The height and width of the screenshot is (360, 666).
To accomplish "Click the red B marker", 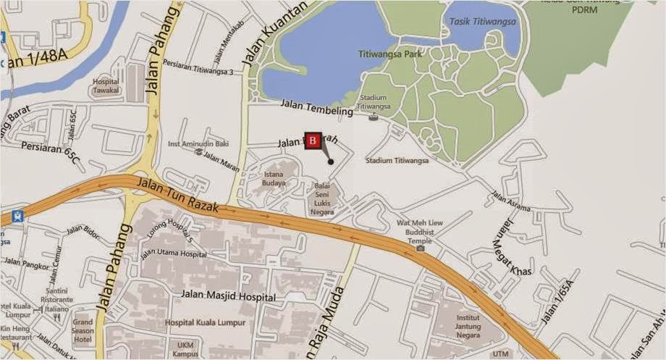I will pos(312,141).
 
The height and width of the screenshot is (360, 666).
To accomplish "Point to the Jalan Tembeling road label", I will pos(316,108).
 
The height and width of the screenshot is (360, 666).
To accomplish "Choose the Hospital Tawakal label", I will pos(106,87).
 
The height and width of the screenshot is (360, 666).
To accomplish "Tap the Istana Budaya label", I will pos(274,179).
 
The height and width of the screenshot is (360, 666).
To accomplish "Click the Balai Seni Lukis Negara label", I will pos(321,198).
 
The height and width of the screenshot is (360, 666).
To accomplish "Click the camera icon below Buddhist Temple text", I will pos(421,248).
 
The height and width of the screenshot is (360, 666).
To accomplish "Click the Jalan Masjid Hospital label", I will pos(229,297).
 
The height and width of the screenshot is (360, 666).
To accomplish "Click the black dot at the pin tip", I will pos(331,162).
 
